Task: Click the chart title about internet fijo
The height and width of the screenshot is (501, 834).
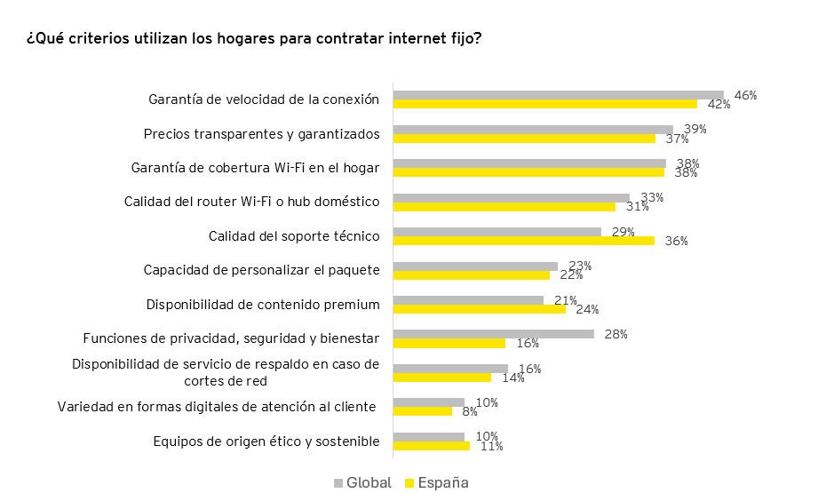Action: (254, 40)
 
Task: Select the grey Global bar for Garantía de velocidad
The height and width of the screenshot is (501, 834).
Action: (558, 95)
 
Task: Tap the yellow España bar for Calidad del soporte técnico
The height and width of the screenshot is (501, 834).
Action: (523, 241)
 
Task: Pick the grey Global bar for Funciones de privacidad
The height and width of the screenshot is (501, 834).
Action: (493, 334)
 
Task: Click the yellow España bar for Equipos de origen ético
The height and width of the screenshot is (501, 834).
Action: (431, 446)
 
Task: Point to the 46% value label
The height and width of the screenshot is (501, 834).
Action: (745, 95)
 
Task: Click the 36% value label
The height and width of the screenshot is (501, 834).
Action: (677, 241)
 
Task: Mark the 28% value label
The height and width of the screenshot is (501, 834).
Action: (616, 334)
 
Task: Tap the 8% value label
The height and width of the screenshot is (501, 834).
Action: (471, 411)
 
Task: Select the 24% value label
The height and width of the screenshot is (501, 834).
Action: (587, 310)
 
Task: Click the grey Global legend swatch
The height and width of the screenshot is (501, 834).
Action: (338, 483)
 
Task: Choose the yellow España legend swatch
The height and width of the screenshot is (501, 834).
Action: (409, 483)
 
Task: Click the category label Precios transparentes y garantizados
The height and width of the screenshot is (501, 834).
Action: (262, 134)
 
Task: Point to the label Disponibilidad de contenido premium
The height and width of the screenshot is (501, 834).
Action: (263, 305)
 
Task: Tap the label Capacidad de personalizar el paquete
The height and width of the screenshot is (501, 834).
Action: (262, 270)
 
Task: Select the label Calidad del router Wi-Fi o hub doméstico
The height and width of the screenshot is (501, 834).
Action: (252, 202)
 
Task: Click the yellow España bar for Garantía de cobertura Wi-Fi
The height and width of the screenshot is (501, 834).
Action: (528, 172)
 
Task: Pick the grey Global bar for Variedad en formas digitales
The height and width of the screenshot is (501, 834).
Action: (428, 402)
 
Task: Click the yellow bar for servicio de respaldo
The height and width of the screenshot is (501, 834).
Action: (441, 378)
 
